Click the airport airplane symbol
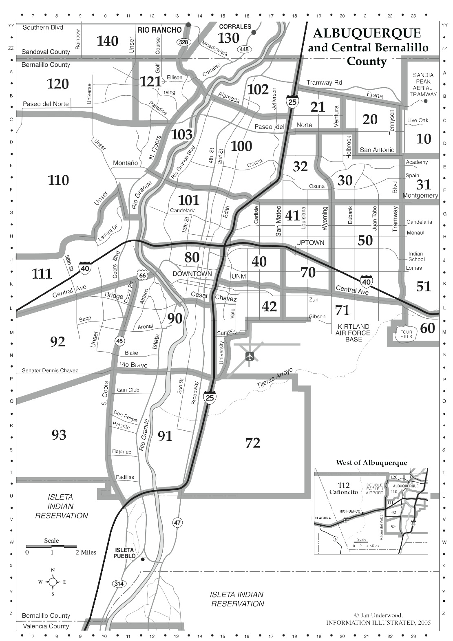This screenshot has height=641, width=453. [x=250, y=356]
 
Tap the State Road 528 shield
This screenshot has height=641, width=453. [x=183, y=42]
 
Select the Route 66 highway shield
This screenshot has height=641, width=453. [x=142, y=276]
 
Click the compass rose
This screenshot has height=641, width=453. [x=53, y=582]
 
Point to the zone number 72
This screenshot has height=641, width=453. [x=253, y=443]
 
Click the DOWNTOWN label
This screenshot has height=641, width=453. [x=192, y=274]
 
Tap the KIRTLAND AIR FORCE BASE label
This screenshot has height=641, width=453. [x=353, y=333]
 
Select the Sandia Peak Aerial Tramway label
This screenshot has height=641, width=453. [x=423, y=84]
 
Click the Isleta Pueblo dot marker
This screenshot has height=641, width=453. [x=143, y=559]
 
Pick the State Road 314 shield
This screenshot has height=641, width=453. [x=119, y=584]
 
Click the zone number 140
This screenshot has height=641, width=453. [x=108, y=41]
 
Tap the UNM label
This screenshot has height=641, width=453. [x=239, y=277]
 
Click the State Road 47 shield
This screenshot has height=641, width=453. [x=177, y=522]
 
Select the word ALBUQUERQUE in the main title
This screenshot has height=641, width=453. [x=367, y=33]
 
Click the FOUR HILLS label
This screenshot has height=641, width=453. [x=406, y=335]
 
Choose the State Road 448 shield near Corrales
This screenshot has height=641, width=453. [x=244, y=49]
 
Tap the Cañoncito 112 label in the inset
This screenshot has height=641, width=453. [x=344, y=488]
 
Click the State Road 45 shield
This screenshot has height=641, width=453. [x=119, y=341]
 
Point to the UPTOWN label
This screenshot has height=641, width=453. [x=310, y=243]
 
